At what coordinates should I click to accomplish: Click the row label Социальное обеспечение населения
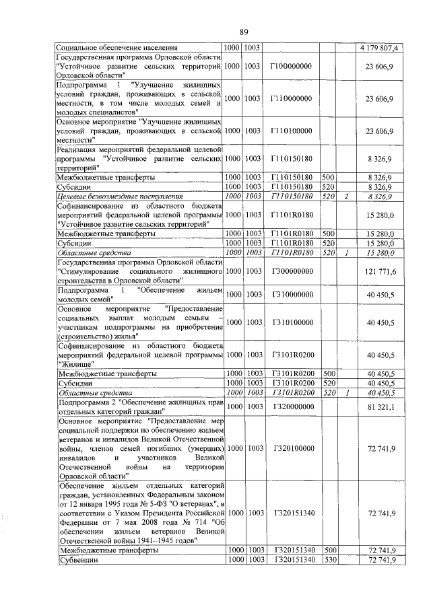[x=117, y=48]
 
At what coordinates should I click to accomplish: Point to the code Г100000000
[x=290, y=68]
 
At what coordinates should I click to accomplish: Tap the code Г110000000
[x=290, y=99]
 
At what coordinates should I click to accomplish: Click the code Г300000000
[x=290, y=271]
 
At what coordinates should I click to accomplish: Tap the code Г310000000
[x=290, y=295]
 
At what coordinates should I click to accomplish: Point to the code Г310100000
[x=290, y=322]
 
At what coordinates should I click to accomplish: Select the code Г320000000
[x=290, y=407]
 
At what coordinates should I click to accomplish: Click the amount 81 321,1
[x=384, y=407]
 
